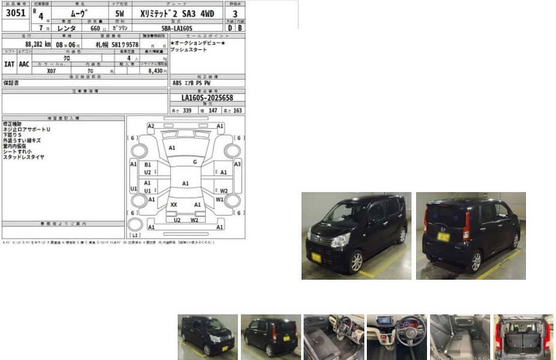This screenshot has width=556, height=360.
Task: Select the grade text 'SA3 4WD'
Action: click(x=196, y=12)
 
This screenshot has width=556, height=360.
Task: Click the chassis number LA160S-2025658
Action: click(x=207, y=98)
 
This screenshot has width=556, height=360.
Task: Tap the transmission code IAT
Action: click(x=9, y=64)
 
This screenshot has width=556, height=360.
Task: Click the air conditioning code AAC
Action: click(x=23, y=64)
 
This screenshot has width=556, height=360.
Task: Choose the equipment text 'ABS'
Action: click(x=177, y=83)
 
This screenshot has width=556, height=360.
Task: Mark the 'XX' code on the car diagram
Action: click(x=174, y=205)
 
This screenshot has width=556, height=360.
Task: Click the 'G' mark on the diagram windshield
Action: click(x=195, y=162)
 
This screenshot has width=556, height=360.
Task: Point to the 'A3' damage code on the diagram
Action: click(x=238, y=164)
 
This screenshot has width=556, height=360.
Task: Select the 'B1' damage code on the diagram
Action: click(x=148, y=164)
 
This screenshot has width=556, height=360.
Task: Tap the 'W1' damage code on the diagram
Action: click(x=220, y=199)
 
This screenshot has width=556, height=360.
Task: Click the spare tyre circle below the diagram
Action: click(x=136, y=224)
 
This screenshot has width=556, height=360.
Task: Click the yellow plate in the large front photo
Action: click(x=316, y=257)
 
